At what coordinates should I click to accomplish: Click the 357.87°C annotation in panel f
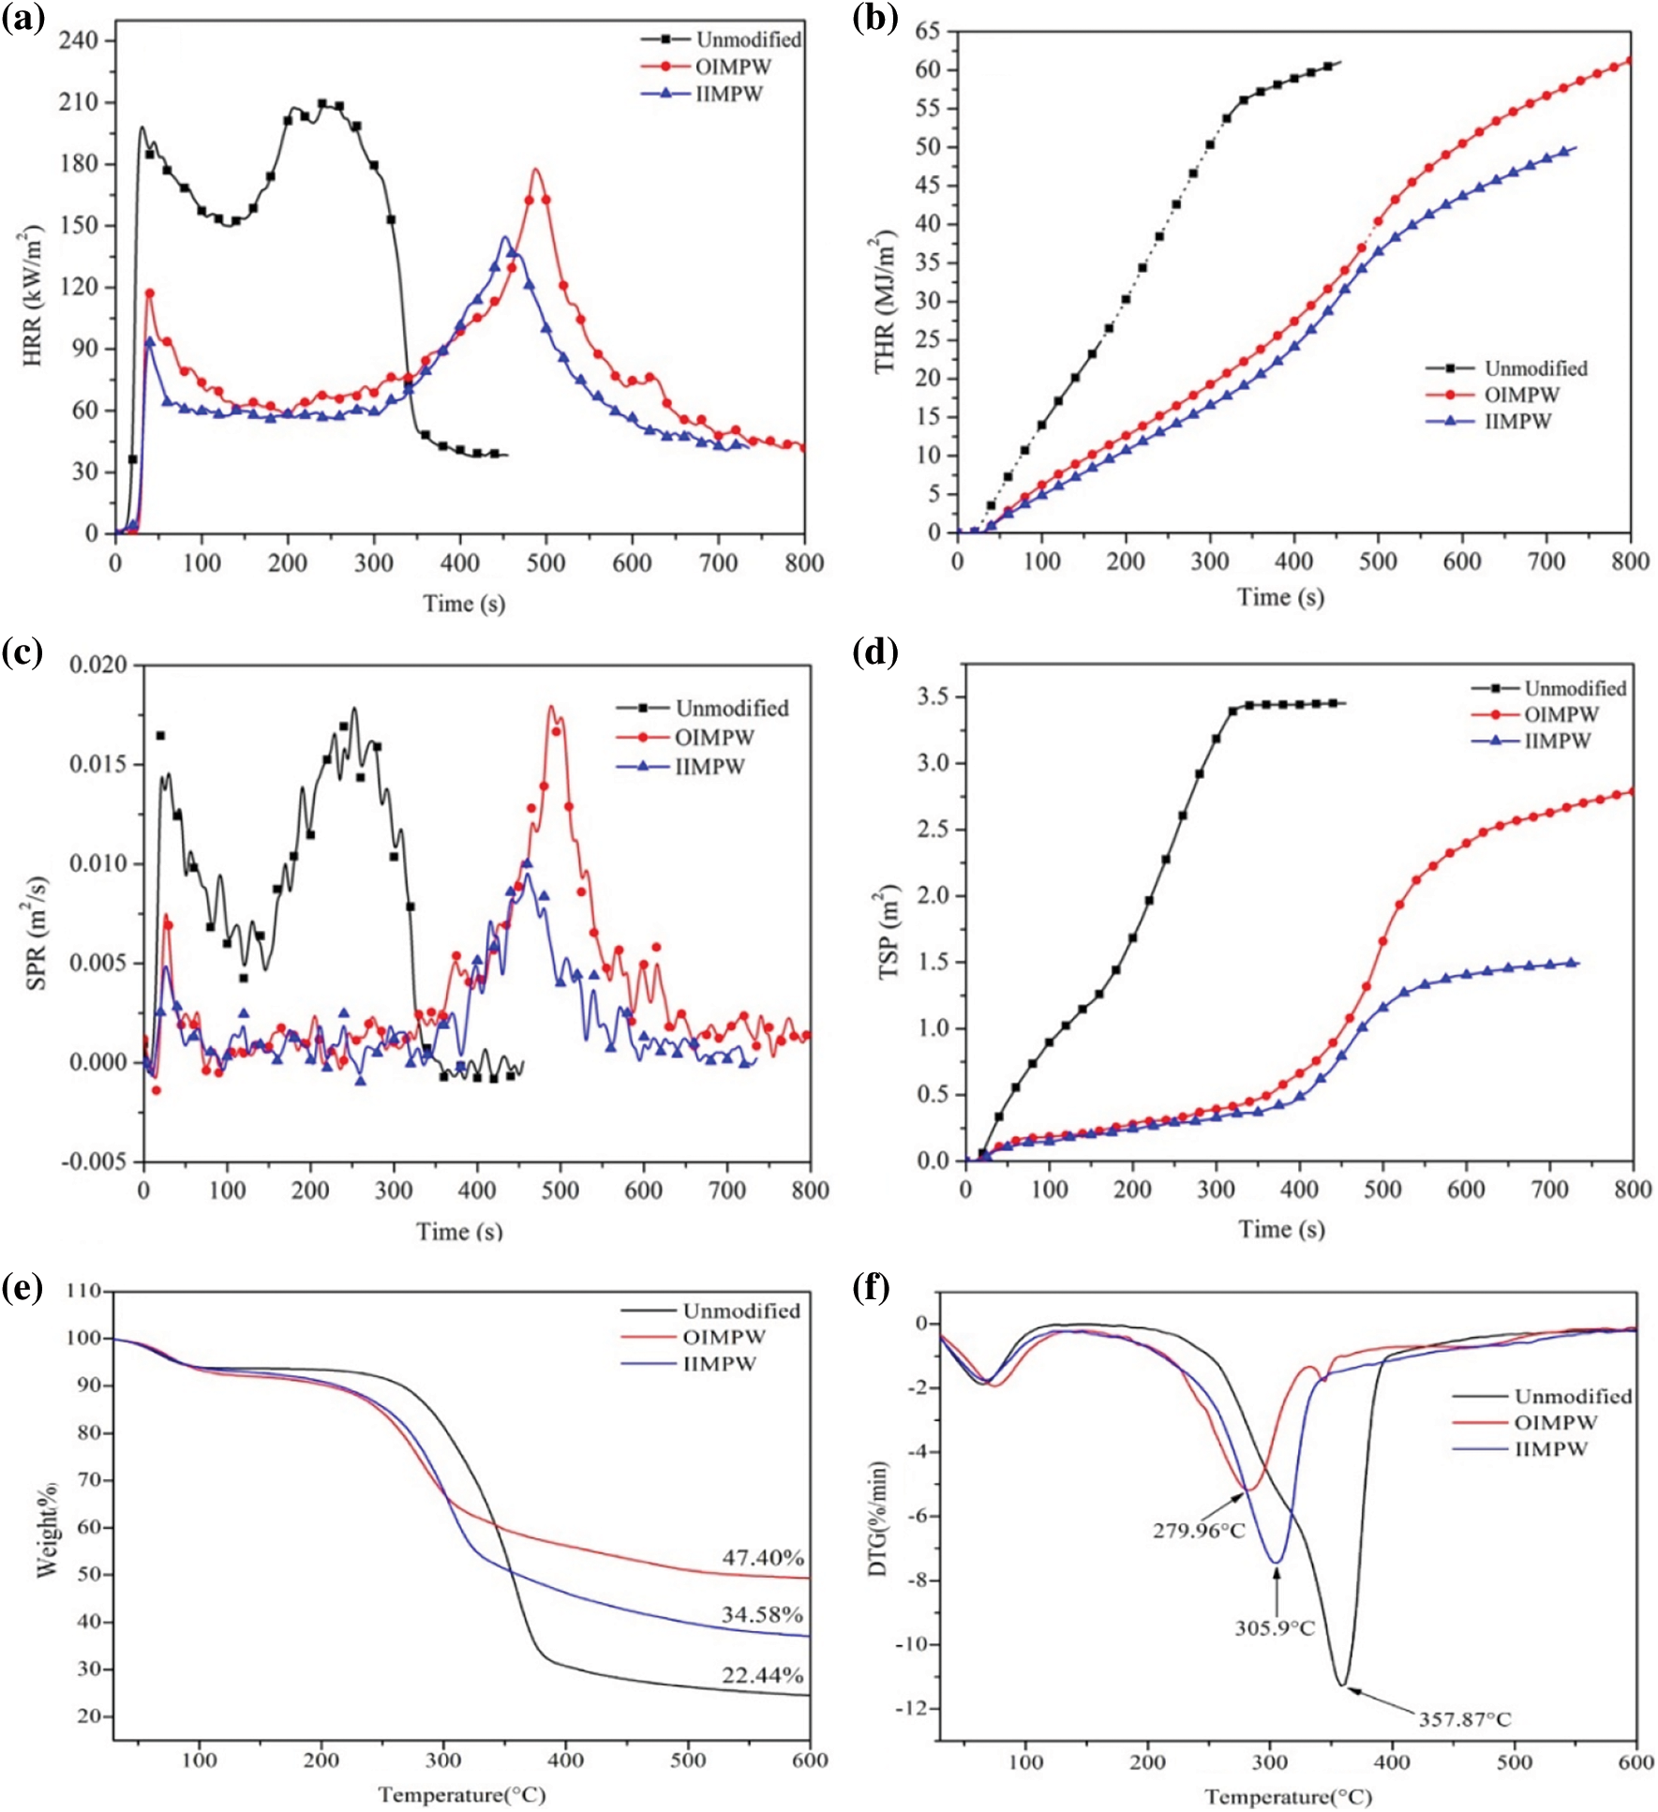[x=1464, y=1719]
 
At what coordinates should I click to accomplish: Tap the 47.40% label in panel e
[x=762, y=1557]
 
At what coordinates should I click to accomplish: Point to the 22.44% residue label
[x=762, y=1675]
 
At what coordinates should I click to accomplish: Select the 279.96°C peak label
[x=1199, y=1531]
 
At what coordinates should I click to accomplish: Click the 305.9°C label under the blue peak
[x=1275, y=1628]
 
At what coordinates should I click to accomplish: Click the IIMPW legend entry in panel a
[x=728, y=94]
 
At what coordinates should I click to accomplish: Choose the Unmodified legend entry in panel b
[x=1535, y=368]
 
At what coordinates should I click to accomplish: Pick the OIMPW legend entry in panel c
[x=714, y=738]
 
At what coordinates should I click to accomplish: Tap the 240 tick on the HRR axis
[x=78, y=40]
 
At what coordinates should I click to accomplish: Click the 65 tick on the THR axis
[x=927, y=32]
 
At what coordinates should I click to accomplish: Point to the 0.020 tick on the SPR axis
[x=97, y=666]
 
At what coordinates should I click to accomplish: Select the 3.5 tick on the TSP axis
[x=933, y=696]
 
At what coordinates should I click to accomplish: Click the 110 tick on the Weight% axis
[x=83, y=1291]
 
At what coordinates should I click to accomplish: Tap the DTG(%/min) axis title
[x=878, y=1518]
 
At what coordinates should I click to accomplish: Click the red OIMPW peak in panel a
[x=535, y=170]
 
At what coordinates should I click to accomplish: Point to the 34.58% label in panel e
[x=762, y=1614]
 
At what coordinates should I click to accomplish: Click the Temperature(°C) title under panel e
[x=461, y=1794]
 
